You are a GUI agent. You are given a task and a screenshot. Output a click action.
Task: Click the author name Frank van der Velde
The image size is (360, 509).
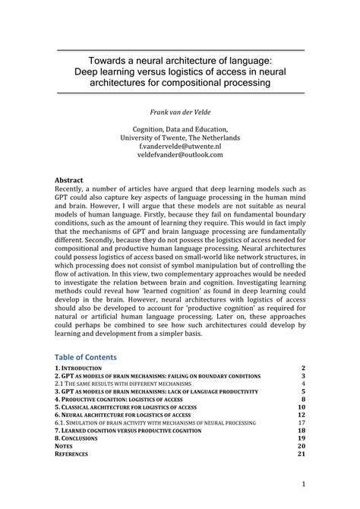(180, 111)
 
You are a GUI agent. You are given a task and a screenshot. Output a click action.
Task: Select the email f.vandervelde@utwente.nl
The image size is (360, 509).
(180, 146)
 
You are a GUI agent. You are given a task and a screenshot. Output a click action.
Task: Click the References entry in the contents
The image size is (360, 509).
(73, 454)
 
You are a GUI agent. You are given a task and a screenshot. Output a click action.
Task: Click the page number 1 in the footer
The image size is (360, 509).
(302, 483)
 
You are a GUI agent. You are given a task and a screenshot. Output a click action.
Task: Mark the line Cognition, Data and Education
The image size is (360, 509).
(180, 128)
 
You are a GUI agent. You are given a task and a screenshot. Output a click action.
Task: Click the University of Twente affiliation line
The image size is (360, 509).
(180, 138)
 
